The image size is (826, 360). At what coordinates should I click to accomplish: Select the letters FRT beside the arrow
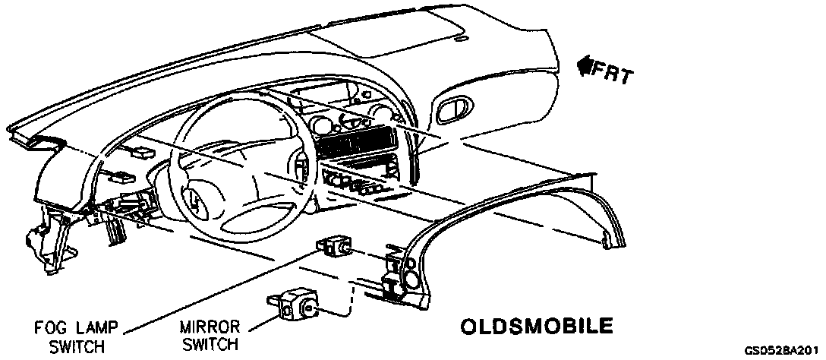(x=613, y=74)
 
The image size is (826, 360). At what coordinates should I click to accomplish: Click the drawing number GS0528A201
(x=784, y=351)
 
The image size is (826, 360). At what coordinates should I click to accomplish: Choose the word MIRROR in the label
(x=210, y=328)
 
